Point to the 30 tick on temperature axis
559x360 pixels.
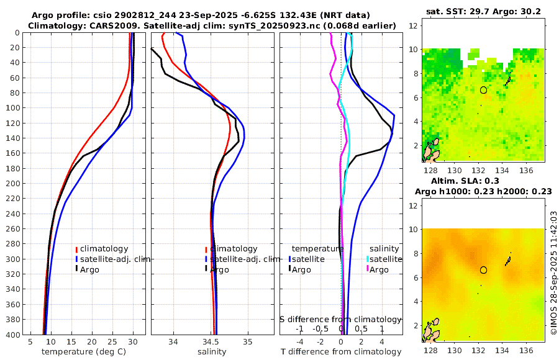click(133, 341)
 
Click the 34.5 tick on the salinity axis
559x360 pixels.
click(211, 341)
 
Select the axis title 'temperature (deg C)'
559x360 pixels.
click(83, 352)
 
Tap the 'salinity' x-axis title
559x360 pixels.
click(211, 352)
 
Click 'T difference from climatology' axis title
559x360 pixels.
click(341, 352)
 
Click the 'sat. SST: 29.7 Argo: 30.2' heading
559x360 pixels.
click(483, 11)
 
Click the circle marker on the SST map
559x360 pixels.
click(483, 90)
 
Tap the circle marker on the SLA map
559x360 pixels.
click(483, 270)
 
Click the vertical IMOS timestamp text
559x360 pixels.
click(553, 274)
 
